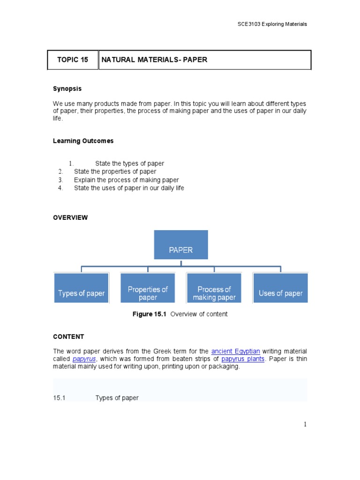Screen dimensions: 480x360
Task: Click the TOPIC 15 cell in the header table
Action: [73, 60]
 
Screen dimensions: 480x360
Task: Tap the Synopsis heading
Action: [67, 89]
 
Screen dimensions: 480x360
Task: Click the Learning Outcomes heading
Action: [83, 141]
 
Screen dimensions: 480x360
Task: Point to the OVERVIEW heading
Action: [70, 217]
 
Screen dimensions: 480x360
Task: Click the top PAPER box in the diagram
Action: [181, 245]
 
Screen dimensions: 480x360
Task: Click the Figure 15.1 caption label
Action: [150, 314]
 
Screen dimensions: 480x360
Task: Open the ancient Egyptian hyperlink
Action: [235, 351]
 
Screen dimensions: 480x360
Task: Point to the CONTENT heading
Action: [68, 337]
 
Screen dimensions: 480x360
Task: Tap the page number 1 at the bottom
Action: [305, 425]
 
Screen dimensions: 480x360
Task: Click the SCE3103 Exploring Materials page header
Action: [272, 24]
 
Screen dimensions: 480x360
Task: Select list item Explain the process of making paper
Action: [126, 180]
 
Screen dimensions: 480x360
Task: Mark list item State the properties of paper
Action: [115, 172]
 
